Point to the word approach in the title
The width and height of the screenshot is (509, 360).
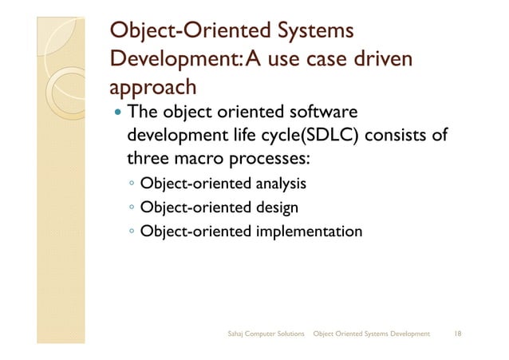click(x=151, y=86)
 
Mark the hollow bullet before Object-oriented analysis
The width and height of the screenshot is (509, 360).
click(x=131, y=185)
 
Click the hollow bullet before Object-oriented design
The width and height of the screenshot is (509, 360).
click(x=131, y=209)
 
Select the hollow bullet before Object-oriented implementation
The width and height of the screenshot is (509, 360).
click(x=131, y=233)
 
